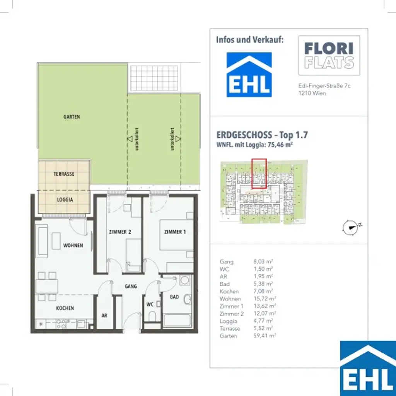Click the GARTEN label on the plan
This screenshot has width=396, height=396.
click(x=72, y=116)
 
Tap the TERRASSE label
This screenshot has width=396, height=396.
click(x=64, y=174)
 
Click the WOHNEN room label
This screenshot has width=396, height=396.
click(x=73, y=245)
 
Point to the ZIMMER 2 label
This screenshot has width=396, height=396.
click(x=119, y=232)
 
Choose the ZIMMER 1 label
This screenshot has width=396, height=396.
click(x=175, y=232)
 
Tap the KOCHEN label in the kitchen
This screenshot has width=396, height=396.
click(x=65, y=308)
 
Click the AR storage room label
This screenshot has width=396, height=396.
click(x=104, y=316)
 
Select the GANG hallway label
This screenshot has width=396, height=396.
click(x=131, y=287)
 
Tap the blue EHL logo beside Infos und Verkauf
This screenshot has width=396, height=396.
click(x=249, y=75)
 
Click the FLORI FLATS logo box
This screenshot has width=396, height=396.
click(x=329, y=55)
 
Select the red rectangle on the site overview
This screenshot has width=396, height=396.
click(x=259, y=173)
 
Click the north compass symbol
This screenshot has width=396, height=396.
click(x=351, y=228)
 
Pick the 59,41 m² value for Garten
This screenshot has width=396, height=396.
click(x=264, y=336)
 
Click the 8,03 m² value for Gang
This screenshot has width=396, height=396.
click(x=263, y=262)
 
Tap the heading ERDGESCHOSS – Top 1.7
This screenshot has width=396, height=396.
click(x=262, y=135)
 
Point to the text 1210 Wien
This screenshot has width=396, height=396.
click(x=309, y=94)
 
